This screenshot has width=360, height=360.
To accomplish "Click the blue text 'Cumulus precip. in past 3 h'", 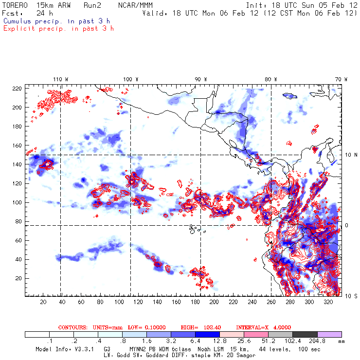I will pos(56,21).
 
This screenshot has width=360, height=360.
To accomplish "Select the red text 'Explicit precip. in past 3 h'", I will pos(58,28).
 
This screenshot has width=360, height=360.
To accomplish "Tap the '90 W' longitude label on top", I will pos(200,79).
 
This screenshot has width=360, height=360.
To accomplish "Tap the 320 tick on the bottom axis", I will pos(328,302).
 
